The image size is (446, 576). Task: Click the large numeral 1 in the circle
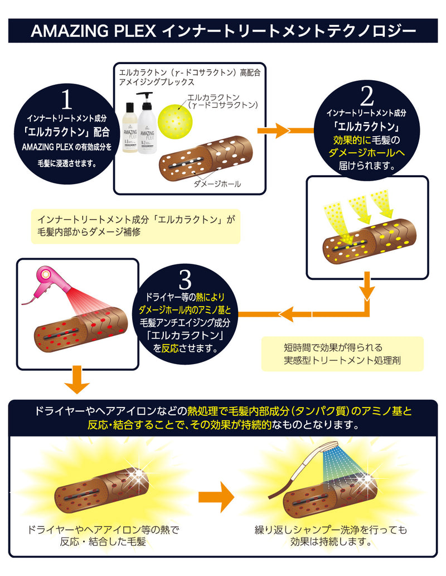coord(66,100)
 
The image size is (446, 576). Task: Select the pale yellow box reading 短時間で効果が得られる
coord(342,354)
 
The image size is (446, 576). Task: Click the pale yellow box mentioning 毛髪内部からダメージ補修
coord(135,226)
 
